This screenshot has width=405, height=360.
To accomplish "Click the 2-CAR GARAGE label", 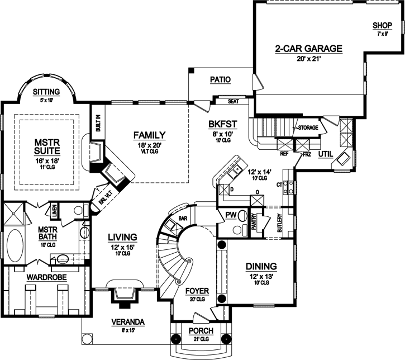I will tap(308, 49).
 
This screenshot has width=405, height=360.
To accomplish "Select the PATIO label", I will tap(221, 80).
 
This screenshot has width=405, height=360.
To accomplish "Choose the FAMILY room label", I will tap(149, 135).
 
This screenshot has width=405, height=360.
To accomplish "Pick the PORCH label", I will tap(197, 332).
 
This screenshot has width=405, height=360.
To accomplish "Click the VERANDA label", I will tap(127, 322).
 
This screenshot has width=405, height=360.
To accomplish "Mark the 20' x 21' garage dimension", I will tap(308, 58).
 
